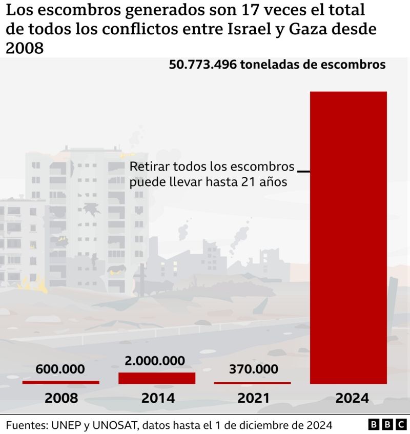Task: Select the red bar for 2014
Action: click(157, 378)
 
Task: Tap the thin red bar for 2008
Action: click(60, 382)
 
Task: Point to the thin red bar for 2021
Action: click(252, 383)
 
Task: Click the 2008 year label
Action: click(61, 398)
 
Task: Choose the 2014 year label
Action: click(157, 398)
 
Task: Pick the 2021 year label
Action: click(252, 398)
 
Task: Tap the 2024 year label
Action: click(348, 398)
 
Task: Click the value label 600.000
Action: click(60, 369)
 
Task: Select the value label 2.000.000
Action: click(155, 360)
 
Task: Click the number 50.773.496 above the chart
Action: click(202, 65)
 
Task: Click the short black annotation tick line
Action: click(303, 171)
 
